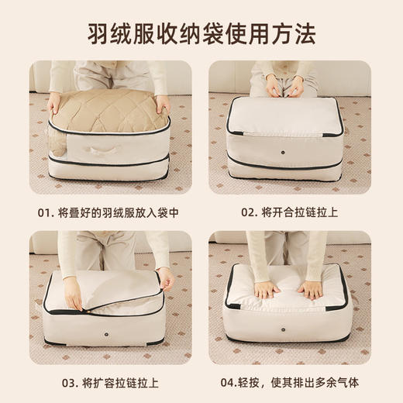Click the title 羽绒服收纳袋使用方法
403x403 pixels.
tap(201, 34)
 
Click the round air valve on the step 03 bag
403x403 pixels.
tap(105, 337)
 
